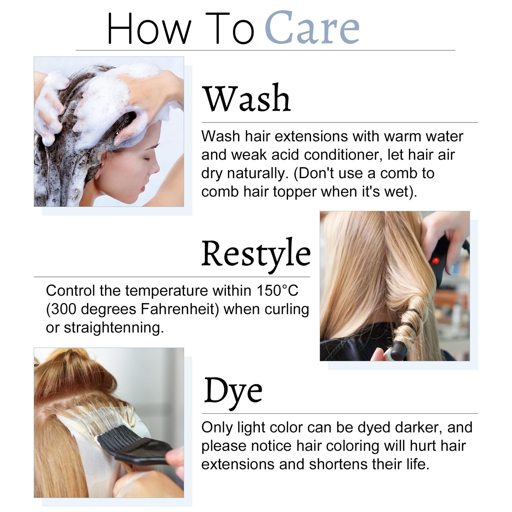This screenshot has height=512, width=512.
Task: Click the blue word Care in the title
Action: click(x=312, y=28)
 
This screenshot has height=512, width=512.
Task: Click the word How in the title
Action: click(x=149, y=28)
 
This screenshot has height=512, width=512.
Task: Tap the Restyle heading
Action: click(x=256, y=254)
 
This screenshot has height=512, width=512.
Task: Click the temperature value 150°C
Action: click(x=277, y=291)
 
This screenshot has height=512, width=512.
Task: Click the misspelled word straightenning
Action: click(x=114, y=328)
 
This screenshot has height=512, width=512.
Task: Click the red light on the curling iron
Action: click(x=435, y=260)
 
